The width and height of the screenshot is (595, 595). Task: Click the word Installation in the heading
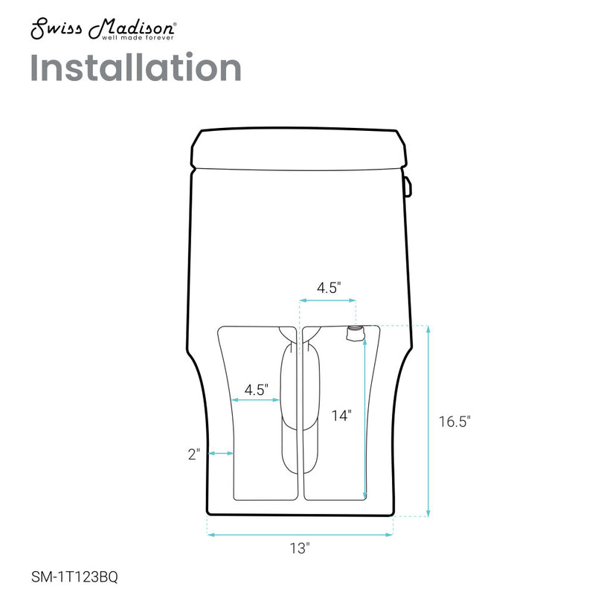coord(136,68)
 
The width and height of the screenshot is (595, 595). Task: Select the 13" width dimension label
coord(300,549)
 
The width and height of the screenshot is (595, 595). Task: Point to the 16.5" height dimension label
coord(454,422)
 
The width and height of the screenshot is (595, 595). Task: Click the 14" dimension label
coord(341,416)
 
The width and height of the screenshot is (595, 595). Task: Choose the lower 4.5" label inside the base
coord(257,388)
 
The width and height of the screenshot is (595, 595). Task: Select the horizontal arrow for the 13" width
coord(300,533)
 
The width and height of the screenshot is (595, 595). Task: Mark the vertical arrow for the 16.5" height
coord(428,420)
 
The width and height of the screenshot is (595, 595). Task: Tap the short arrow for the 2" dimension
coord(222,453)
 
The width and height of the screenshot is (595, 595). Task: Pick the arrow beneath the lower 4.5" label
coord(257,400)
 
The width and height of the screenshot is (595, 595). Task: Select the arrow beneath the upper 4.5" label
coord(327,300)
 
